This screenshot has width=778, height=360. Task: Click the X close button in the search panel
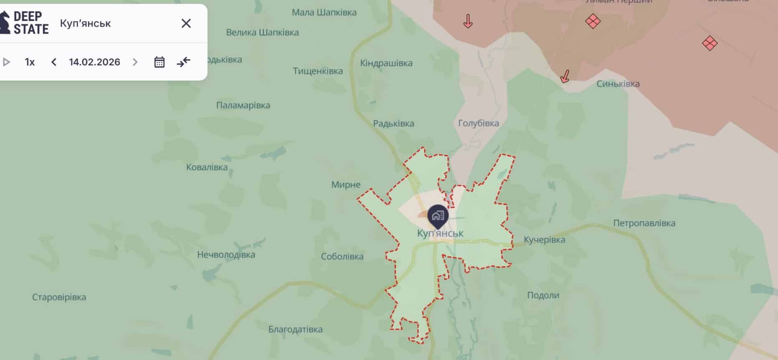click(x=186, y=23)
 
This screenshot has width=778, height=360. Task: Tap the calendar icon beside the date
click(x=159, y=62)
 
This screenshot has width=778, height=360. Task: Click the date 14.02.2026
click(x=94, y=62)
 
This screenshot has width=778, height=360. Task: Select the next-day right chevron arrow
click(x=135, y=62)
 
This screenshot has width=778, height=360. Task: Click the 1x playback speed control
click(x=30, y=62)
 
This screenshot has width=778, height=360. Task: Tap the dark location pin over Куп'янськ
click(x=437, y=216)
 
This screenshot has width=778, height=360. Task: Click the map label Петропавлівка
click(x=644, y=223)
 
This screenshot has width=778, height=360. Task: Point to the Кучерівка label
click(x=544, y=240)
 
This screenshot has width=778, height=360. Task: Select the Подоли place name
click(x=543, y=295)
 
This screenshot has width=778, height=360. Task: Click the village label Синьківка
click(x=618, y=84)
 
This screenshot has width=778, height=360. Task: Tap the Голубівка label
click(x=478, y=123)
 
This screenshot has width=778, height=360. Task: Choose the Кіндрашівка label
click(x=386, y=63)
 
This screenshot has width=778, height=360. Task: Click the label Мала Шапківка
click(x=324, y=13)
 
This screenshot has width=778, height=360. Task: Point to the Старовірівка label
click(x=59, y=297)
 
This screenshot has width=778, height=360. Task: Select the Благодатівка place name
click(x=295, y=330)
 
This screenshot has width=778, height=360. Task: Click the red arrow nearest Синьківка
click(x=565, y=76)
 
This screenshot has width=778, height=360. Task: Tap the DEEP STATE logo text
click(x=31, y=23)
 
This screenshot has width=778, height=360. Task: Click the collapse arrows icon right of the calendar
click(x=183, y=62)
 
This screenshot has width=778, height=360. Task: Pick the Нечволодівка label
click(x=226, y=254)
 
